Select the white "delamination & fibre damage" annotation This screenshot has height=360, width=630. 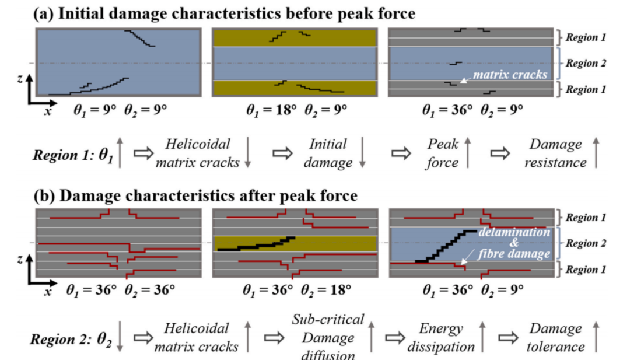[x=513, y=243]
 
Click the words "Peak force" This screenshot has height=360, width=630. [x=442, y=153]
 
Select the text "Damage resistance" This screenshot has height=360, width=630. [x=555, y=153]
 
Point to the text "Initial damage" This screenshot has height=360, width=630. [x=328, y=153]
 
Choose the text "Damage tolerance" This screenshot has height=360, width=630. [x=555, y=338]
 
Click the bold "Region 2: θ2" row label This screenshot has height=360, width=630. [x=72, y=338]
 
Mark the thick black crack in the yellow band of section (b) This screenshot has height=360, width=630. [x=257, y=244]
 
